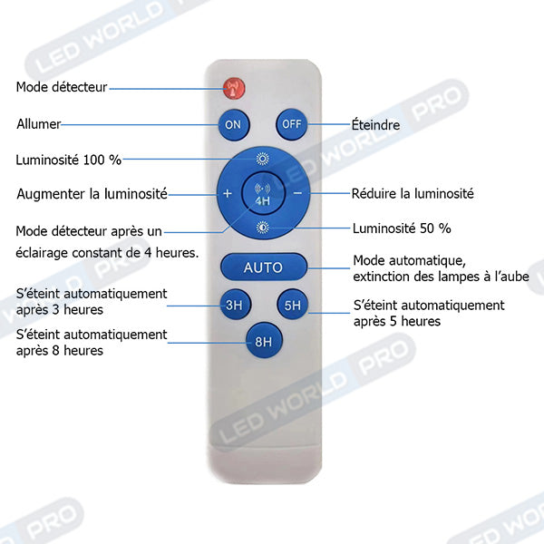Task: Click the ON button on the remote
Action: [234, 125]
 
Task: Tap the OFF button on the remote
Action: [292, 124]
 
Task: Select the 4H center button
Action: [263, 193]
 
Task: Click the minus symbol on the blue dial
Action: [297, 193]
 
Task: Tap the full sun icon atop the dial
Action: [263, 159]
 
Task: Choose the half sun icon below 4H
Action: [263, 228]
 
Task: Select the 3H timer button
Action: [236, 305]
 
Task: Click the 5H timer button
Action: [293, 305]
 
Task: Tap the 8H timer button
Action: [264, 341]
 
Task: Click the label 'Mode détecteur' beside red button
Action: [62, 87]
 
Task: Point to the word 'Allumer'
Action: [38, 124]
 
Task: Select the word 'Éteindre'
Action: [375, 124]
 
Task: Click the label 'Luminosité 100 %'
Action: [69, 160]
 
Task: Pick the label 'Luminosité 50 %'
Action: [402, 228]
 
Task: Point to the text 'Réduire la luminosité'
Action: [413, 194]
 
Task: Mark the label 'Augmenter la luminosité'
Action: [92, 194]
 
